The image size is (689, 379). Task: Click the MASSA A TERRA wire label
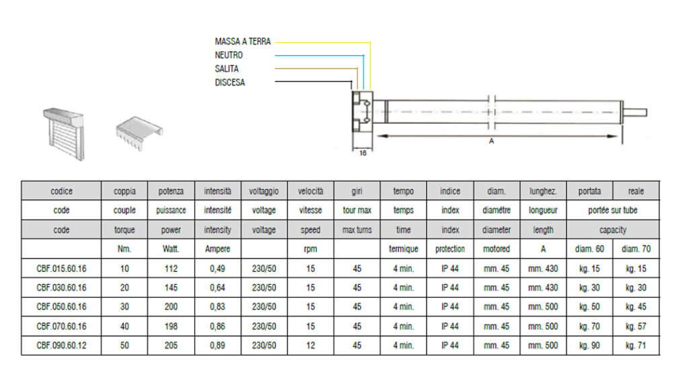(x=242, y=41)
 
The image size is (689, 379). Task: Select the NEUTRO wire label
(x=229, y=55)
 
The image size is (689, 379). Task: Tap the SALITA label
(x=227, y=69)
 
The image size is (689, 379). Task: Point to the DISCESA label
(x=230, y=82)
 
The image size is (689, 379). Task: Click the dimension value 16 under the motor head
(x=363, y=153)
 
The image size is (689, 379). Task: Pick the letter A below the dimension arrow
(x=491, y=141)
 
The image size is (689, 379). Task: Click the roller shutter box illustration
(x=64, y=133)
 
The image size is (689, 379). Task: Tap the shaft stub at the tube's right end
(x=634, y=112)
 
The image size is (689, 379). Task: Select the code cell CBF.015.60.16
(x=61, y=268)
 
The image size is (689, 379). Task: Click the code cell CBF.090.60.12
(x=61, y=345)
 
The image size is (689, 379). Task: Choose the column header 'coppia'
(x=124, y=191)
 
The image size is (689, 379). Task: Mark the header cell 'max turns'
(x=357, y=230)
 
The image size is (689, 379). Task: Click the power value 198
(x=171, y=326)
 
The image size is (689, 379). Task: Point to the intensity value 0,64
(x=217, y=287)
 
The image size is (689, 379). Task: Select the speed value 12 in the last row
(x=311, y=345)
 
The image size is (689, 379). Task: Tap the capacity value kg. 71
(x=636, y=345)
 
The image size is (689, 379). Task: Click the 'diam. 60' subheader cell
(x=589, y=249)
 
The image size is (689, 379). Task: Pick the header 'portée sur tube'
(x=612, y=210)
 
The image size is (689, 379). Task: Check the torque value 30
(x=124, y=306)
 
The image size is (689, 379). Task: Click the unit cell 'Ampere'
(x=217, y=249)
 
